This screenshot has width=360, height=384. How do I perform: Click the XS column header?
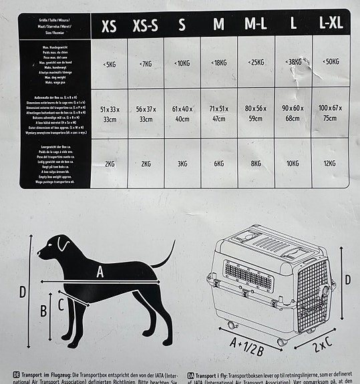coord(109,26)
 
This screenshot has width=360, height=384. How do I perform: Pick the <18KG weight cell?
coord(218,62)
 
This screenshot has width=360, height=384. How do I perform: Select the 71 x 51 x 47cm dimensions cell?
coord(218,113)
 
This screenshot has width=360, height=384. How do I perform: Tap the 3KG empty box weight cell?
coord(182,164)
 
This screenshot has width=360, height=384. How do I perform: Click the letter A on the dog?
coord(100,271)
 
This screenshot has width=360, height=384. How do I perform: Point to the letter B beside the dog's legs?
coord(43,310)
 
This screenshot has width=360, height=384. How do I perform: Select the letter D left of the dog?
coord(23,292)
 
